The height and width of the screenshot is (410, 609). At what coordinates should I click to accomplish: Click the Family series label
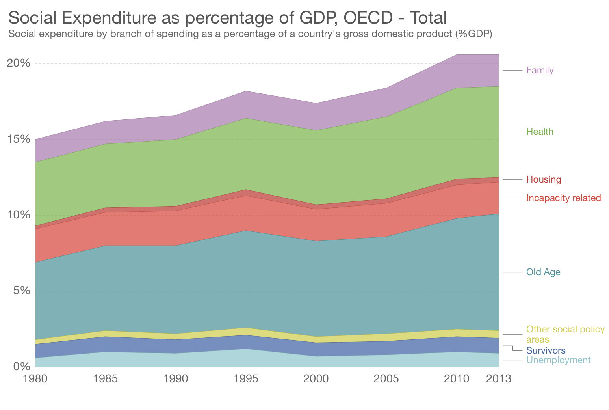pyautogui.click(x=540, y=71)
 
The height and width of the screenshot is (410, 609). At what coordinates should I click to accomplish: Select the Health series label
pyautogui.click(x=540, y=132)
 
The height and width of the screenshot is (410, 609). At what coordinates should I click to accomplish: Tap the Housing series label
pyautogui.click(x=544, y=180)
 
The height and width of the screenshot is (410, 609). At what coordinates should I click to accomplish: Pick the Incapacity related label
pyautogui.click(x=563, y=198)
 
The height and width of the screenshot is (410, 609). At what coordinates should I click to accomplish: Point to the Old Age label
pyautogui.click(x=543, y=272)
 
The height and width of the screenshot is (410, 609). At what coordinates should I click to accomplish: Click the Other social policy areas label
pyautogui.click(x=565, y=334)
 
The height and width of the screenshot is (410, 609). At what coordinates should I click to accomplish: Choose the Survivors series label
pyautogui.click(x=546, y=350)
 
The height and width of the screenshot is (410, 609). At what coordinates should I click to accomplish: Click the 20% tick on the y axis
pyautogui.click(x=19, y=63)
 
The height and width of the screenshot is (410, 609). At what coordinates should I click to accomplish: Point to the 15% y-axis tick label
pyautogui.click(x=19, y=139)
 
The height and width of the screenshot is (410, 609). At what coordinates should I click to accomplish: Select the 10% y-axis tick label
pyautogui.click(x=19, y=215)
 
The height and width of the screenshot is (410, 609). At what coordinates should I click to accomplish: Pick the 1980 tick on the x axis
pyautogui.click(x=35, y=379)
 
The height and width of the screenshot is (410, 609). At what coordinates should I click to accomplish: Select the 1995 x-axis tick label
pyautogui.click(x=246, y=379)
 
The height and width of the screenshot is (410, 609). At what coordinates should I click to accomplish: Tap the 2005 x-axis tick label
pyautogui.click(x=386, y=379)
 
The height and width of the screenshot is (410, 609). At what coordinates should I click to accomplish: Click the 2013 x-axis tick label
pyautogui.click(x=499, y=379)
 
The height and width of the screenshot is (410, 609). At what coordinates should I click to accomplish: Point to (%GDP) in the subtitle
pyautogui.click(x=473, y=34)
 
